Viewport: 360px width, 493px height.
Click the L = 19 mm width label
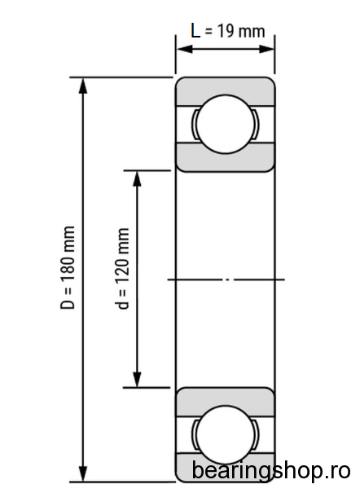point(228,31)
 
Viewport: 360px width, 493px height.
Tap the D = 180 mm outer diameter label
point(68,267)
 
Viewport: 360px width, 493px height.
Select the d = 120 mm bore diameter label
point(122,269)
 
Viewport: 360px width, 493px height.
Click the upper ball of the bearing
point(226,124)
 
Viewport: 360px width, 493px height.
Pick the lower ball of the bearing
point(226,435)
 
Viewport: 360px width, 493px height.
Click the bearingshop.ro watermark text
point(270,471)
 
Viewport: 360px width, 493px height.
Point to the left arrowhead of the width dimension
point(185,49)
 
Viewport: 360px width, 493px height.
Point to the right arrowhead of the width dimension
point(266,49)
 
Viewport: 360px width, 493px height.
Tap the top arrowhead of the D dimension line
point(83,86)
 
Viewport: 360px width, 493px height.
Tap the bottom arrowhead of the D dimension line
point(83,473)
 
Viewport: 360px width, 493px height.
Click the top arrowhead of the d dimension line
point(137,179)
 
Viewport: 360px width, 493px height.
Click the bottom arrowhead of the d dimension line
point(137,379)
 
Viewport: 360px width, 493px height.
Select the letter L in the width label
point(195,31)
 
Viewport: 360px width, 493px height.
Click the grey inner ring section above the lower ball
point(226,401)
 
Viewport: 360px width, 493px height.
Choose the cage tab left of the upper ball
point(194,124)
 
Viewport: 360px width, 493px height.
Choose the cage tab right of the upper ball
point(257,124)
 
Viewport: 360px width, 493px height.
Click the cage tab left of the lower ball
point(194,435)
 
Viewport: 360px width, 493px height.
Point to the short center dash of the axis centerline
point(226,280)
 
